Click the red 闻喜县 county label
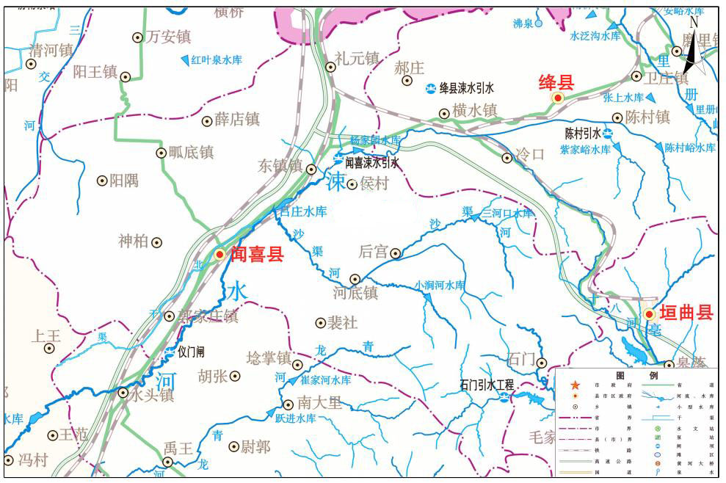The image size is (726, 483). (256, 255)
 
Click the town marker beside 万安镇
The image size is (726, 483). (137, 37)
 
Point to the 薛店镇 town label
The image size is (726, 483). (237, 119)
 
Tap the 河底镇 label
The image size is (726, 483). (355, 293)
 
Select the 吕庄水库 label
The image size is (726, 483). (303, 211)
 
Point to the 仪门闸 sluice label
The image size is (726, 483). (190, 352)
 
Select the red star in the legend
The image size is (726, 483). (575, 385)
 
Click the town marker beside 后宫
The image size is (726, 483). (396, 253)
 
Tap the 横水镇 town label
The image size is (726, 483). (474, 110)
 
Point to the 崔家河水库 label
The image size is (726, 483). (325, 380)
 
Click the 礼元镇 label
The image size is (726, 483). (356, 58)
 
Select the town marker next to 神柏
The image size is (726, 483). (156, 242)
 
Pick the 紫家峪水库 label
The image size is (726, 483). (585, 150)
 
